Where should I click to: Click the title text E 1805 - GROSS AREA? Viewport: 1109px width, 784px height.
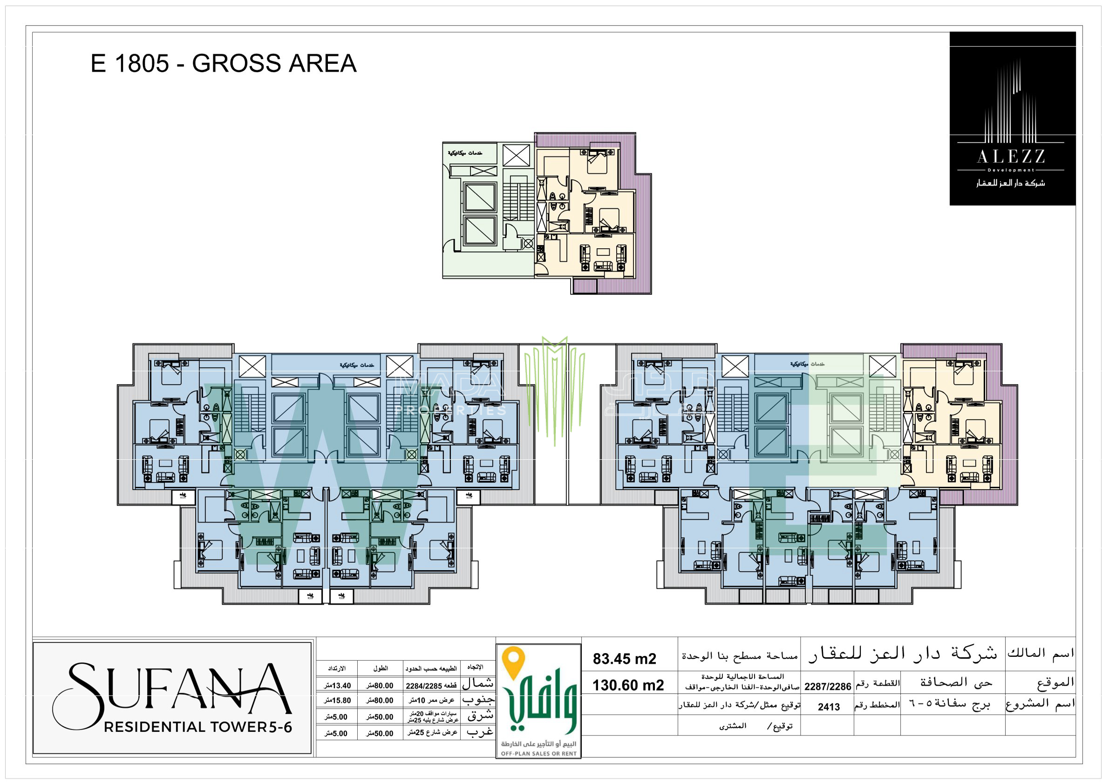tap(223, 63)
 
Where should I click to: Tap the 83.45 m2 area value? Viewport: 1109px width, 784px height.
tap(624, 659)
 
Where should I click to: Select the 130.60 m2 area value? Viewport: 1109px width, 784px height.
tap(627, 685)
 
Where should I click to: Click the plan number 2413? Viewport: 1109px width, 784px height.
tap(829, 707)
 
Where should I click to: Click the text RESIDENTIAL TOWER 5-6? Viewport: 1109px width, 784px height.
tap(198, 727)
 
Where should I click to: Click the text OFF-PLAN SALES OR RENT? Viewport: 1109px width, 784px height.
tap(538, 754)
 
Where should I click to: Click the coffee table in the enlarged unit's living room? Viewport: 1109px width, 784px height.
tap(603, 252)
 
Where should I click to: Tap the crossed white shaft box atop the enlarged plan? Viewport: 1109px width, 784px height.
tap(516, 156)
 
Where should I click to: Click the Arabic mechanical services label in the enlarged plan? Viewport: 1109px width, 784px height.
tap(465, 153)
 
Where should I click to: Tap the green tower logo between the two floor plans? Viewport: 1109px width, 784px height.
tap(554, 387)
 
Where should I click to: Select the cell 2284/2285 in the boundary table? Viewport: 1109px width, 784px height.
tap(431, 686)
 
